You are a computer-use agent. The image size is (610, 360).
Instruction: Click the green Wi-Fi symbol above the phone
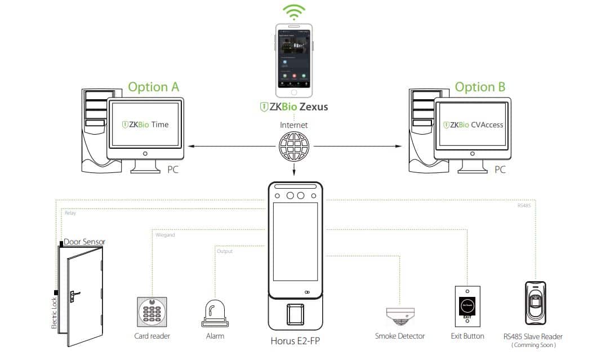point(294,12)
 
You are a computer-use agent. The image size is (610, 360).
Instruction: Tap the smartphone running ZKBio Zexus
point(293,61)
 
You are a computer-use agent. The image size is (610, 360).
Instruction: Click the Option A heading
point(153,87)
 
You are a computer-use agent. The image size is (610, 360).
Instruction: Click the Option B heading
point(480,87)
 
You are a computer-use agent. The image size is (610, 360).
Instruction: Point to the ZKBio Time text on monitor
point(145,125)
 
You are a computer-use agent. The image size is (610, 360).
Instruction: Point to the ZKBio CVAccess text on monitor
point(473,125)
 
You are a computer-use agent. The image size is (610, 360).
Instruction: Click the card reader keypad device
point(152,311)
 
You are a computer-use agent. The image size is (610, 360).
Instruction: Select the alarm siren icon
point(215,314)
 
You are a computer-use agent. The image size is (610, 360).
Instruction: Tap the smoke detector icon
point(400,316)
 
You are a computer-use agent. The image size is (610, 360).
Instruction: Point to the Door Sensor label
point(84,241)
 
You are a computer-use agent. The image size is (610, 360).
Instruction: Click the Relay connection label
point(70,213)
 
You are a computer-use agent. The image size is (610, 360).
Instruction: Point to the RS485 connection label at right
point(524,206)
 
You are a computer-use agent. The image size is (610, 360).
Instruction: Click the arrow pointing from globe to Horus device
point(293,169)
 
